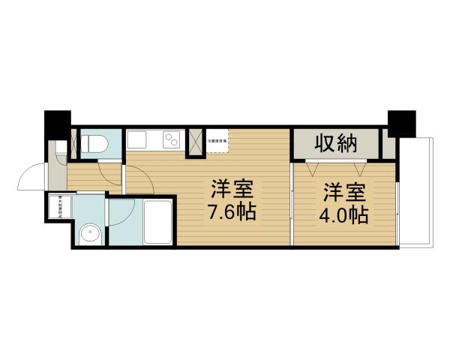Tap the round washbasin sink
click(90, 233)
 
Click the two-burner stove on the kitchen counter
click(172, 140)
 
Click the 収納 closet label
click(334, 143)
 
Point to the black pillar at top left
click(56, 124)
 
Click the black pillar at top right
click(401, 123)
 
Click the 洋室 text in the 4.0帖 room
click(345, 191)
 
